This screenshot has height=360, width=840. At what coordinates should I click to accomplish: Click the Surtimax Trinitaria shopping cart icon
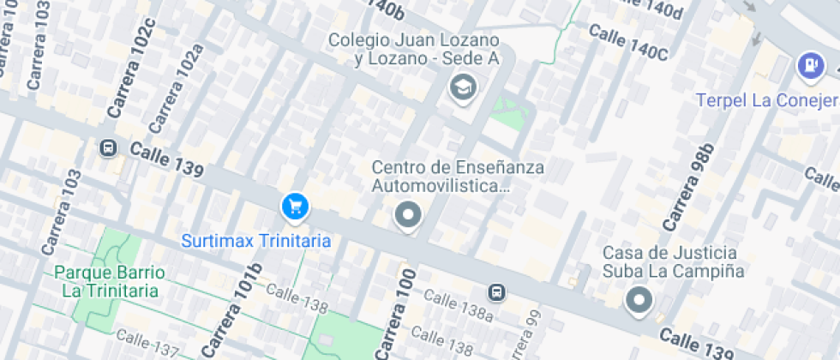(295, 206)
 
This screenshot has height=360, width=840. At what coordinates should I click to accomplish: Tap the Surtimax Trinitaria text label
(255, 241)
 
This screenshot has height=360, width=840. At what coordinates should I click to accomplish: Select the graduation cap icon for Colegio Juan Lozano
(463, 86)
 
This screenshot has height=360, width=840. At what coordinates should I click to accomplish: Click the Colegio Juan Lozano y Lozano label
(415, 49)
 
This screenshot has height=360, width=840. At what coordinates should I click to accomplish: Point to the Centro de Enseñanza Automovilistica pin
(408, 215)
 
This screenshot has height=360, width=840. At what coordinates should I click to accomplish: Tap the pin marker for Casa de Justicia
(639, 300)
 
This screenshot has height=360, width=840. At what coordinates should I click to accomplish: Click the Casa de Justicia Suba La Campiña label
(669, 261)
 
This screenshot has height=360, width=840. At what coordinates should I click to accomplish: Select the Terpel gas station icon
(808, 64)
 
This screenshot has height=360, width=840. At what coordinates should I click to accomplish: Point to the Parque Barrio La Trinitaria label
(110, 281)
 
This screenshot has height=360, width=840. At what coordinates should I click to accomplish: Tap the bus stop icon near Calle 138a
(496, 292)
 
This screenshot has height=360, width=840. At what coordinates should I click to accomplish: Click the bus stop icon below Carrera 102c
(109, 147)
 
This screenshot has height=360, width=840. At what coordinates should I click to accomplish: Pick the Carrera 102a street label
(177, 88)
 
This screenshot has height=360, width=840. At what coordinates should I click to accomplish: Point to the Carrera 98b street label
(687, 188)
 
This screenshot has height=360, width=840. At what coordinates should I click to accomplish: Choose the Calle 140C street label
(628, 42)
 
